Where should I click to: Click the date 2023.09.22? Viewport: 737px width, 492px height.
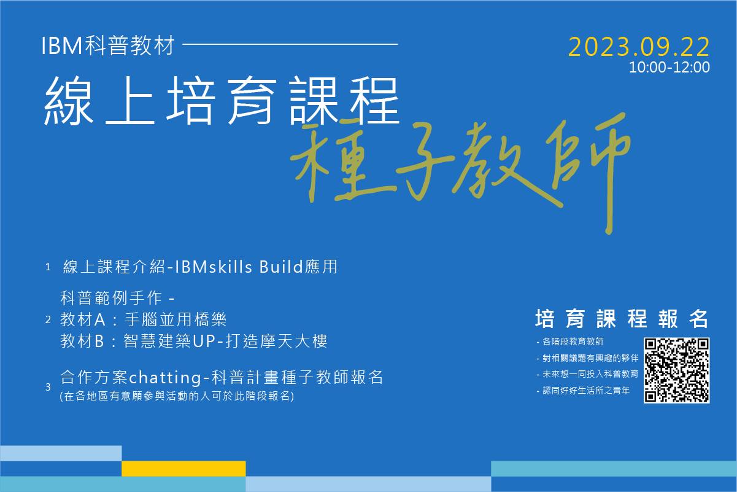pos(639,47)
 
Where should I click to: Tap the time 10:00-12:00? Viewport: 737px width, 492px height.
pos(669,67)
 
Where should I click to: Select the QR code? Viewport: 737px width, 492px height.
pos(676,370)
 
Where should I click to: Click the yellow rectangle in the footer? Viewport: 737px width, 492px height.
pos(183,469)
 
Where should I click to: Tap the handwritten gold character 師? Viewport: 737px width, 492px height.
pos(589,173)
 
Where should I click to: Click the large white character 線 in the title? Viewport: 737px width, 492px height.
pos(69,101)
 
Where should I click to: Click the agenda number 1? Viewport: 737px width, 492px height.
pos(48,267)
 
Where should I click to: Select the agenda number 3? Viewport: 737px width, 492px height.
pos(48,387)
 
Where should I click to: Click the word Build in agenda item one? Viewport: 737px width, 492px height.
pos(281,267)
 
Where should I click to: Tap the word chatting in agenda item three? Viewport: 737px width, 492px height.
pos(165,377)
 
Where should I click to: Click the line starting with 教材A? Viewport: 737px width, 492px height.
pos(143,319)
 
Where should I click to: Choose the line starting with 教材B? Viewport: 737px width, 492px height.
pos(194,341)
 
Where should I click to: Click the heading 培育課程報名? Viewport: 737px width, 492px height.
pos(622,318)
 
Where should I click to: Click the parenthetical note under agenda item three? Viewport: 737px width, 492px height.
pos(177,396)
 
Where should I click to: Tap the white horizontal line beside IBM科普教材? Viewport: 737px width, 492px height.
pos(290,44)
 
